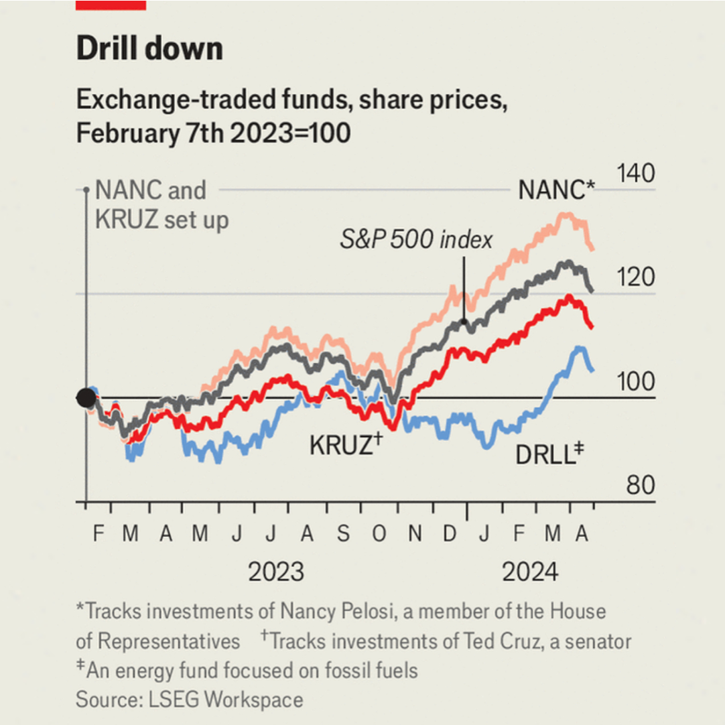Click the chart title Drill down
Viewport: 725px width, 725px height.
pyautogui.click(x=149, y=49)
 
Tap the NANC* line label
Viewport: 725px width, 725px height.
pyautogui.click(x=556, y=191)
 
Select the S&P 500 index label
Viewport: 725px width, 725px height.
pyautogui.click(x=415, y=239)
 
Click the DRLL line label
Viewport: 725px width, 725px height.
pyautogui.click(x=549, y=455)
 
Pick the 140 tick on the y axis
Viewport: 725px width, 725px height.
pyautogui.click(x=635, y=174)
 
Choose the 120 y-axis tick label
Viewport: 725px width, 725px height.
pyautogui.click(x=635, y=277)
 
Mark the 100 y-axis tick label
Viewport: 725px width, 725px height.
pyautogui.click(x=635, y=381)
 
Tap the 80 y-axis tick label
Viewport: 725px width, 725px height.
pyautogui.click(x=640, y=485)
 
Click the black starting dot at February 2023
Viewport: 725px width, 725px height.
pyautogui.click(x=86, y=398)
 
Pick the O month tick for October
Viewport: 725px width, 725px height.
pyautogui.click(x=379, y=534)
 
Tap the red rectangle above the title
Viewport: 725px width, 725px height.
pyautogui.click(x=111, y=5)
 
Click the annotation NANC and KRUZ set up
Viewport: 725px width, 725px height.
pyautogui.click(x=161, y=205)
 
